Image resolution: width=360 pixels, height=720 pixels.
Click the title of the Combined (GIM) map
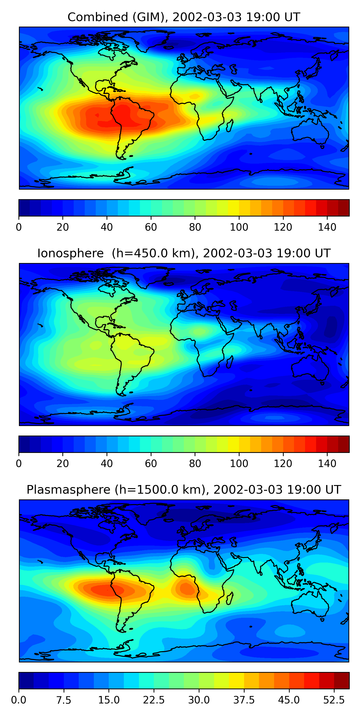pos(184,17)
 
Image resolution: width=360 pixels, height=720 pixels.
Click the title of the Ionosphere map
pos(184,253)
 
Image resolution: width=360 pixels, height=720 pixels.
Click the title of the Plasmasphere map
pos(184,490)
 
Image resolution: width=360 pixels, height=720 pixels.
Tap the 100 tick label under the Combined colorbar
pos(239,227)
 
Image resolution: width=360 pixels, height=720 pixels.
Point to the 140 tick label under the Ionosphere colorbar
pos(327,464)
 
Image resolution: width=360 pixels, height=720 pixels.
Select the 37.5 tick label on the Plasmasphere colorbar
pos(244,700)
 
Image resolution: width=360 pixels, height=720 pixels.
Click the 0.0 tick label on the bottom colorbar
pos(19,700)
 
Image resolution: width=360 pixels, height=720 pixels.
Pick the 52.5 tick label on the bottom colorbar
pos(334,700)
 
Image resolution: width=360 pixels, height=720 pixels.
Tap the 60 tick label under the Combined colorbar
pos(151,227)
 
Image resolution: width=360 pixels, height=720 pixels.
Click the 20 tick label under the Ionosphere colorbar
pos(63,464)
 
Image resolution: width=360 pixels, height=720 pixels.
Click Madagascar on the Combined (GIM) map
pos(230,126)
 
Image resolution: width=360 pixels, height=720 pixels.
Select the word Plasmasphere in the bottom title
pos(68,490)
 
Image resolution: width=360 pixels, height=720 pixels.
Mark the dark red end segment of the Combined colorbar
pos(343,208)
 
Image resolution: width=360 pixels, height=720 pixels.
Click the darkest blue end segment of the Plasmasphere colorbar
pos(26,681)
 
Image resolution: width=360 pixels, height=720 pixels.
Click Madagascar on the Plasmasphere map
pos(230,598)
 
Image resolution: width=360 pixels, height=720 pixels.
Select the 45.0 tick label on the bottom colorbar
pos(289,700)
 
